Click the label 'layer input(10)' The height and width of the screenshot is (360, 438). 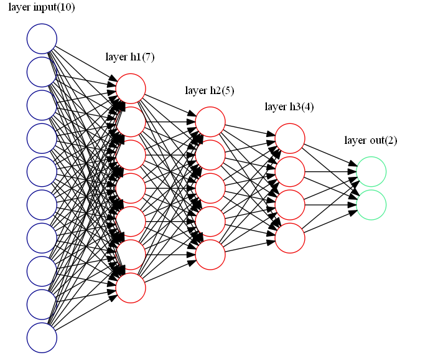coord(41,7)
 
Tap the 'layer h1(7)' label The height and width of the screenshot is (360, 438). coord(130,57)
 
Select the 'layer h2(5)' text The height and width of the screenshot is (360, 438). coord(210,91)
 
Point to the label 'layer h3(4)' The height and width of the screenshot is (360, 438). coord(289,107)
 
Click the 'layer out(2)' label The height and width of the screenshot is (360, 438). coord(371,141)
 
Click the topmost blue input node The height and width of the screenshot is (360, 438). coord(42,39)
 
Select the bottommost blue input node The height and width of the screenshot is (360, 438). coord(42,338)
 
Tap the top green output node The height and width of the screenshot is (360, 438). coord(371,172)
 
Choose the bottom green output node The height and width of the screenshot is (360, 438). coord(371,205)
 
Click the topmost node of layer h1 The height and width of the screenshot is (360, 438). coord(131,88)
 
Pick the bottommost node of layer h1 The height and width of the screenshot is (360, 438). coord(131,288)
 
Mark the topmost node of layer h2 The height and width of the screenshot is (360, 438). coord(210,121)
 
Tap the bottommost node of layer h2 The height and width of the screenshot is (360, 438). coord(210,255)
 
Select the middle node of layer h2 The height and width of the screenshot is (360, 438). coord(210,188)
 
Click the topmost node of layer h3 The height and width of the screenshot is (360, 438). coord(290,138)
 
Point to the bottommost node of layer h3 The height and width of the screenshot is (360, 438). coord(290,238)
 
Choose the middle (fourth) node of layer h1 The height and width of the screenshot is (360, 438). coord(131,188)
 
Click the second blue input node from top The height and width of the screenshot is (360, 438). coord(42,72)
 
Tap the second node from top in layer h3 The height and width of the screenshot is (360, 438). coord(290,171)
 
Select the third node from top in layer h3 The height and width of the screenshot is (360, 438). coord(290,205)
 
